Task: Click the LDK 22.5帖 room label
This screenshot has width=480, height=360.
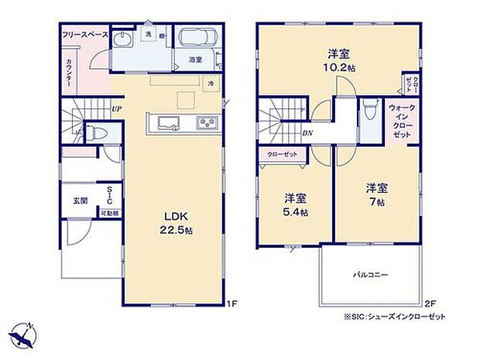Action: click(x=172, y=221)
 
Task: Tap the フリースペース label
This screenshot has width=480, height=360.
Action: click(x=84, y=35)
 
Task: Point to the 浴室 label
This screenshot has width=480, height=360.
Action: click(x=196, y=60)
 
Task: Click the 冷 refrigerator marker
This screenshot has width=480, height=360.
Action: click(x=210, y=81)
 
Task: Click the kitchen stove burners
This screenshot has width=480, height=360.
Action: click(x=206, y=122)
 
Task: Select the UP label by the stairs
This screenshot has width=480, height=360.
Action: click(x=115, y=108)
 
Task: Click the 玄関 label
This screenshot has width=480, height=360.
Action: click(x=80, y=201)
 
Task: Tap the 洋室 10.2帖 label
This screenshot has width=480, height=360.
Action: click(x=338, y=60)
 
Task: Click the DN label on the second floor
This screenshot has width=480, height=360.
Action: click(x=307, y=133)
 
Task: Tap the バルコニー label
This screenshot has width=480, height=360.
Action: click(x=371, y=274)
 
